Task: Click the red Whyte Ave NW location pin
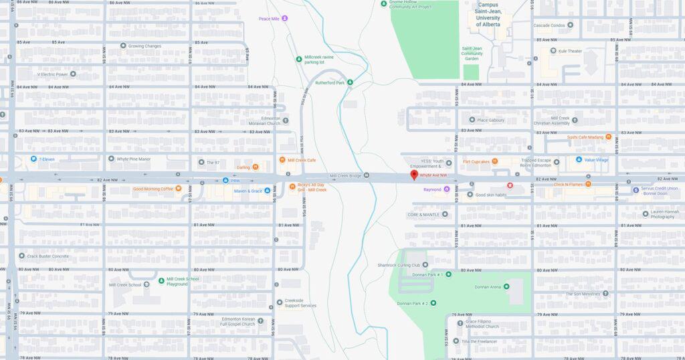413,175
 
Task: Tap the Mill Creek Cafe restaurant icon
282,161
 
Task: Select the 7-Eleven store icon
33,159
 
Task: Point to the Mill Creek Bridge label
345,176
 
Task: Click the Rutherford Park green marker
349,83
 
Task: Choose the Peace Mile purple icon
284,19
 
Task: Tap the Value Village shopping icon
579,160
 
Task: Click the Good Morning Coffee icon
178,189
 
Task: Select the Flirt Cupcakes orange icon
494,161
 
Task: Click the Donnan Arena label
487,287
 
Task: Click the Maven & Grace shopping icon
267,191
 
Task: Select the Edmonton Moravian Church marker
285,121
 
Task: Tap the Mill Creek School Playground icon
161,280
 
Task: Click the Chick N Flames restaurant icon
588,184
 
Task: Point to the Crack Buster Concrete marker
21,256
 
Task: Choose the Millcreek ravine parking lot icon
299,59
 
